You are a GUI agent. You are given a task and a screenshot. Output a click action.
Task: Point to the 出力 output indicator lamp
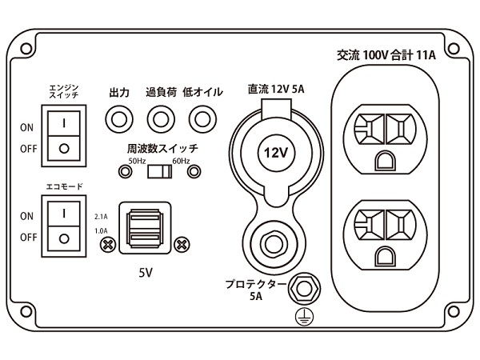click(x=119, y=118)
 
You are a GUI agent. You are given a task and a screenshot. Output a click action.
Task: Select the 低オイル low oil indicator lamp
click(x=200, y=118)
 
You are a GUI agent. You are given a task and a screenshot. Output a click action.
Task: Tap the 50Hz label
click(x=138, y=162)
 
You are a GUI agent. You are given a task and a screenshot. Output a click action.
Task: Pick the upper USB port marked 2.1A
click(x=143, y=217)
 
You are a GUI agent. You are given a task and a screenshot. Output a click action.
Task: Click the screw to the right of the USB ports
click(x=182, y=243)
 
